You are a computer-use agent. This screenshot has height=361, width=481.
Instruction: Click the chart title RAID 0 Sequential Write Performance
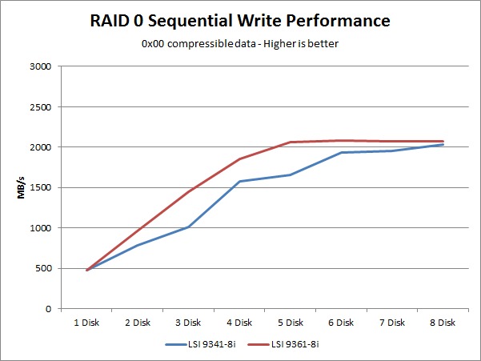pos(240,21)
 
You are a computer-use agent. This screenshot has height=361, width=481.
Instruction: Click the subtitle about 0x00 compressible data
pos(240,44)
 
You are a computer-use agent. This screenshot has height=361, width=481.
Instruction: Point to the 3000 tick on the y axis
pos(41,66)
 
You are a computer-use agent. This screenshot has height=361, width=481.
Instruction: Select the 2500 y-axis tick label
pos(41,107)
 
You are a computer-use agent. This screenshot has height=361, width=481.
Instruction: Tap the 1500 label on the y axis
pos(41,188)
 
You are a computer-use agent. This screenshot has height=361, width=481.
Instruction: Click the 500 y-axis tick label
pos(43,268)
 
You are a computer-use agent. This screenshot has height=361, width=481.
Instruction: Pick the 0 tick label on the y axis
pos(49,309)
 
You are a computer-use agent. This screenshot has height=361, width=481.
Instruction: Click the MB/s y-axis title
pos(21,187)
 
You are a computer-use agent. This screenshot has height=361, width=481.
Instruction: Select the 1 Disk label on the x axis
pos(86,323)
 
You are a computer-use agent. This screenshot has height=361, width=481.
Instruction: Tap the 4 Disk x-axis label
pos(239,323)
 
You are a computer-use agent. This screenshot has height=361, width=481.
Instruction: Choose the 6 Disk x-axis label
pos(341,323)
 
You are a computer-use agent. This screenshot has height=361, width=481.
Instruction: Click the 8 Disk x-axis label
pos(443,323)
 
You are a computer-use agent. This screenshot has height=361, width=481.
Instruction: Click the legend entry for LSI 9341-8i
pos(201,344)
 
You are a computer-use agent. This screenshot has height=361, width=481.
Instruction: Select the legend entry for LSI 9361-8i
pos(283,344)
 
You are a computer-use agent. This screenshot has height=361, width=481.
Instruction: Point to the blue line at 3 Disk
pos(188,227)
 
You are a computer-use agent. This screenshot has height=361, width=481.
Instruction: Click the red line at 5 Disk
pos(291,142)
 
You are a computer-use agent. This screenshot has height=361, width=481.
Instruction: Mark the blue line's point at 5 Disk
pos(291,175)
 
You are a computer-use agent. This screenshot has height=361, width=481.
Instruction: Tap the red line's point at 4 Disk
pos(239,158)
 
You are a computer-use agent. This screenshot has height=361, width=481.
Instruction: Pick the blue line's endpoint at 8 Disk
pos(443,144)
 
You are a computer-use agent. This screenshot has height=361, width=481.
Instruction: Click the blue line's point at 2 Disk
pos(138,245)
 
